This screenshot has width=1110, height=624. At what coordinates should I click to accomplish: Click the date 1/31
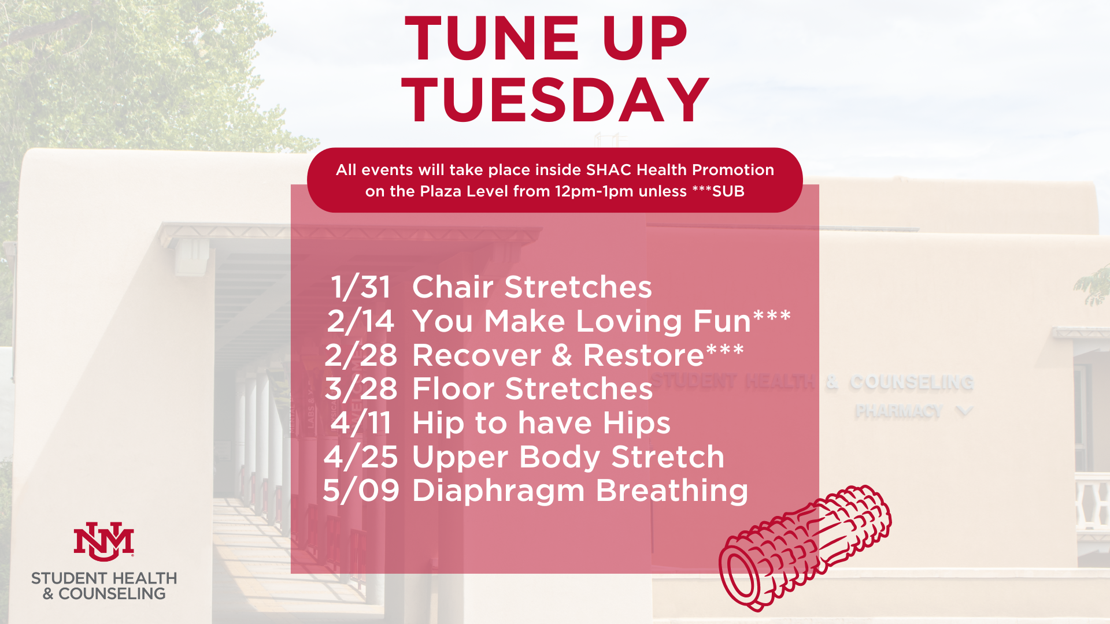[x=361, y=287]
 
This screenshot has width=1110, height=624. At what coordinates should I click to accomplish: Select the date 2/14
[x=361, y=321]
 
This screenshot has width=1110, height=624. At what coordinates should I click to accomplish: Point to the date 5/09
[x=361, y=491]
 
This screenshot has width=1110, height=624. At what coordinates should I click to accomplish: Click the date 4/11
[x=361, y=423]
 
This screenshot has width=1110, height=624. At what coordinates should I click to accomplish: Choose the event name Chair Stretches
[x=532, y=287]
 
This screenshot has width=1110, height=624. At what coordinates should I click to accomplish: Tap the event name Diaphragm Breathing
[x=580, y=491]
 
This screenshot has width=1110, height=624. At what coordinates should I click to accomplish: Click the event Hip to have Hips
[x=541, y=423]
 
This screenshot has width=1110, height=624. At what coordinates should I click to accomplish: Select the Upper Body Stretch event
[x=568, y=457]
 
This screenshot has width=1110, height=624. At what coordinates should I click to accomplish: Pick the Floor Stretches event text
[x=532, y=389]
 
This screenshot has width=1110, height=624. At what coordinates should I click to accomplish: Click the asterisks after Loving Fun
[x=772, y=316]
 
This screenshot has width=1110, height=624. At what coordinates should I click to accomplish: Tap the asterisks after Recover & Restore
[x=724, y=350]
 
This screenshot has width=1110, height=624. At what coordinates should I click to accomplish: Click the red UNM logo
[x=104, y=541]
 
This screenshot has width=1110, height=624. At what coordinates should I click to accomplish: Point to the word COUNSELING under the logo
[x=112, y=594]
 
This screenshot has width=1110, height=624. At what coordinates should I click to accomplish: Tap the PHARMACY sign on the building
[x=898, y=411]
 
